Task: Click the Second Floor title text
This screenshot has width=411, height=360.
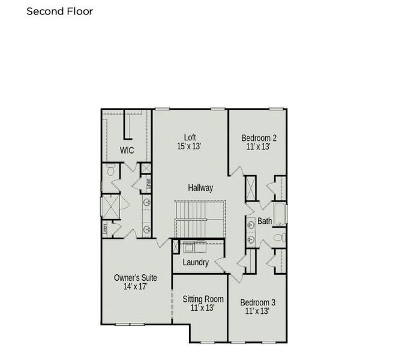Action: (x=60, y=11)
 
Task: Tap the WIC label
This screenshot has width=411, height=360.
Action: (x=126, y=149)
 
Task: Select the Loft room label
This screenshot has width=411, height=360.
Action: (x=190, y=137)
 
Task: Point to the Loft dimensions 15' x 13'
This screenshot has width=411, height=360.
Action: (x=189, y=146)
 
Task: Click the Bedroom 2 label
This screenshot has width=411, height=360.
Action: (x=259, y=137)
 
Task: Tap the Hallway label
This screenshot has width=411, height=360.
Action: (x=200, y=188)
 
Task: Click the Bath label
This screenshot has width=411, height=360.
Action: (x=265, y=221)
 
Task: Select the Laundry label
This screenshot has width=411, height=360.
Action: (x=196, y=262)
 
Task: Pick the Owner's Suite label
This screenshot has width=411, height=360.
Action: (x=136, y=278)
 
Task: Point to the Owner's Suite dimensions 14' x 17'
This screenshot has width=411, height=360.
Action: (x=135, y=287)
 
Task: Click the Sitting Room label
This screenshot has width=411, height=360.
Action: (x=203, y=299)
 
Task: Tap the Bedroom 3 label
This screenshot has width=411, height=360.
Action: (x=258, y=302)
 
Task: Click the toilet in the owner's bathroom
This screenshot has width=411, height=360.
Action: (x=110, y=171)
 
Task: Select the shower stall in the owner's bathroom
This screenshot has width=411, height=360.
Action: (x=111, y=205)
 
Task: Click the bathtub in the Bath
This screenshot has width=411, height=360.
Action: (x=281, y=214)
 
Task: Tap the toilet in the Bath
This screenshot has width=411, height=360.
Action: (x=279, y=238)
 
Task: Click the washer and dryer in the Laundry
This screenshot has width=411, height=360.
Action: (x=194, y=246)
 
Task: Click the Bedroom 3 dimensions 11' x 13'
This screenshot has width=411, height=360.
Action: (x=258, y=311)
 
